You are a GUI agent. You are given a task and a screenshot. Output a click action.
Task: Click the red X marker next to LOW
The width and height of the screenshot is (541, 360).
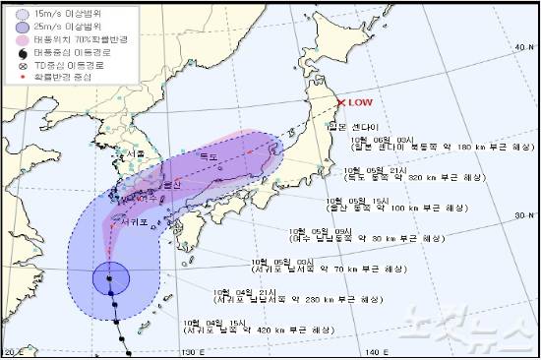[341, 103]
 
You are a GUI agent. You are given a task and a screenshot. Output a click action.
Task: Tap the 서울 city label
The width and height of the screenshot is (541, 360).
[125, 154]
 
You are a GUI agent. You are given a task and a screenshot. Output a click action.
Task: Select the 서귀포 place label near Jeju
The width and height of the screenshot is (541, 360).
[133, 222]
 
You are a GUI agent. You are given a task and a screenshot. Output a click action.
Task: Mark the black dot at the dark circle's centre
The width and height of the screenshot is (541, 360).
[110, 279]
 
